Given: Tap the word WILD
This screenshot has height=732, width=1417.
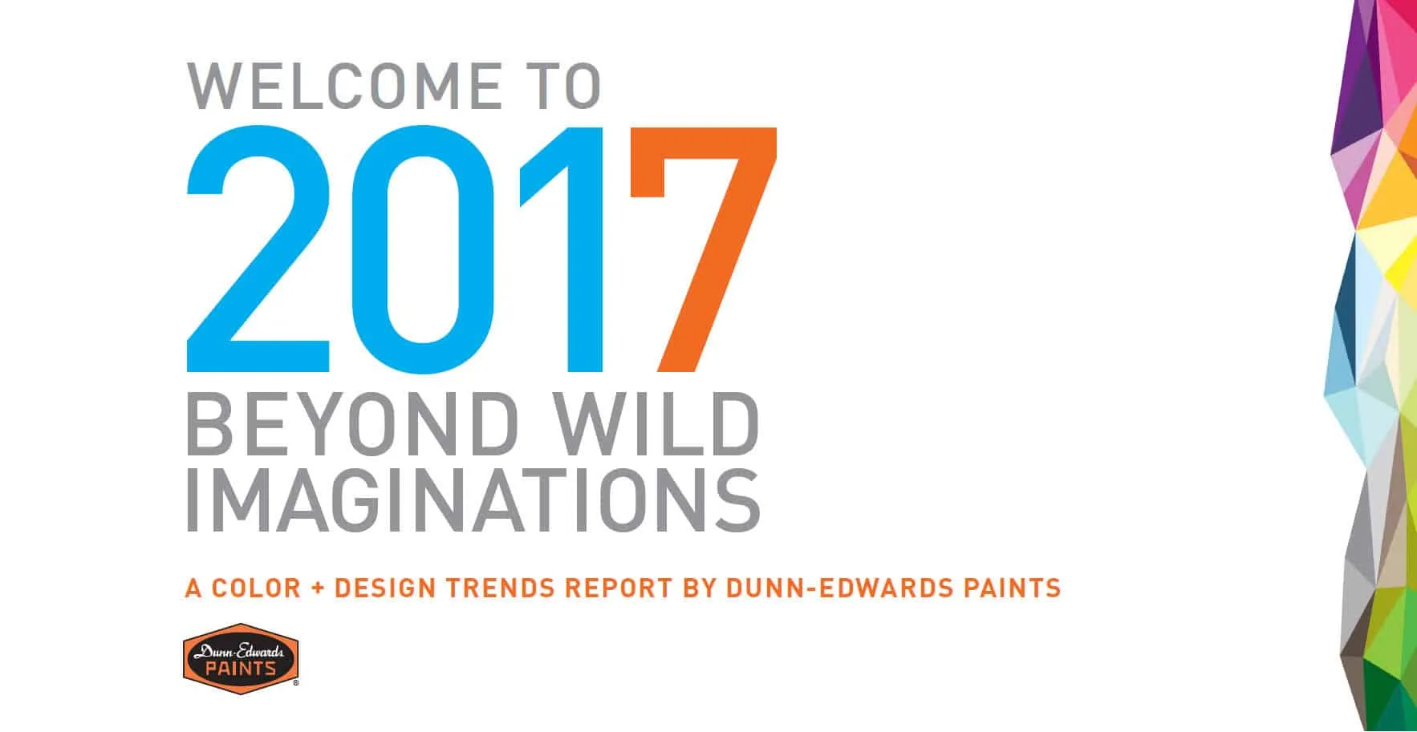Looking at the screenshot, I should click(658, 425).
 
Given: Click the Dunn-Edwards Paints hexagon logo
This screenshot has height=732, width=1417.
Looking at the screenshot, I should click(241, 657).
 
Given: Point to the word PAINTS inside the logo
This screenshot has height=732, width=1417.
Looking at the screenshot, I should click(241, 669).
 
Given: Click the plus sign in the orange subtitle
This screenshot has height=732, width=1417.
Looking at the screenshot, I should click(318, 588).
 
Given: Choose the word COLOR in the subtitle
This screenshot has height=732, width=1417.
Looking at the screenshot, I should click(256, 588).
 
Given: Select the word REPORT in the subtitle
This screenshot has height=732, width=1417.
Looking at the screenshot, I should click(618, 588).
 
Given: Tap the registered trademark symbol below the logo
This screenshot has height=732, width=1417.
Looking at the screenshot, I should click(296, 683).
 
